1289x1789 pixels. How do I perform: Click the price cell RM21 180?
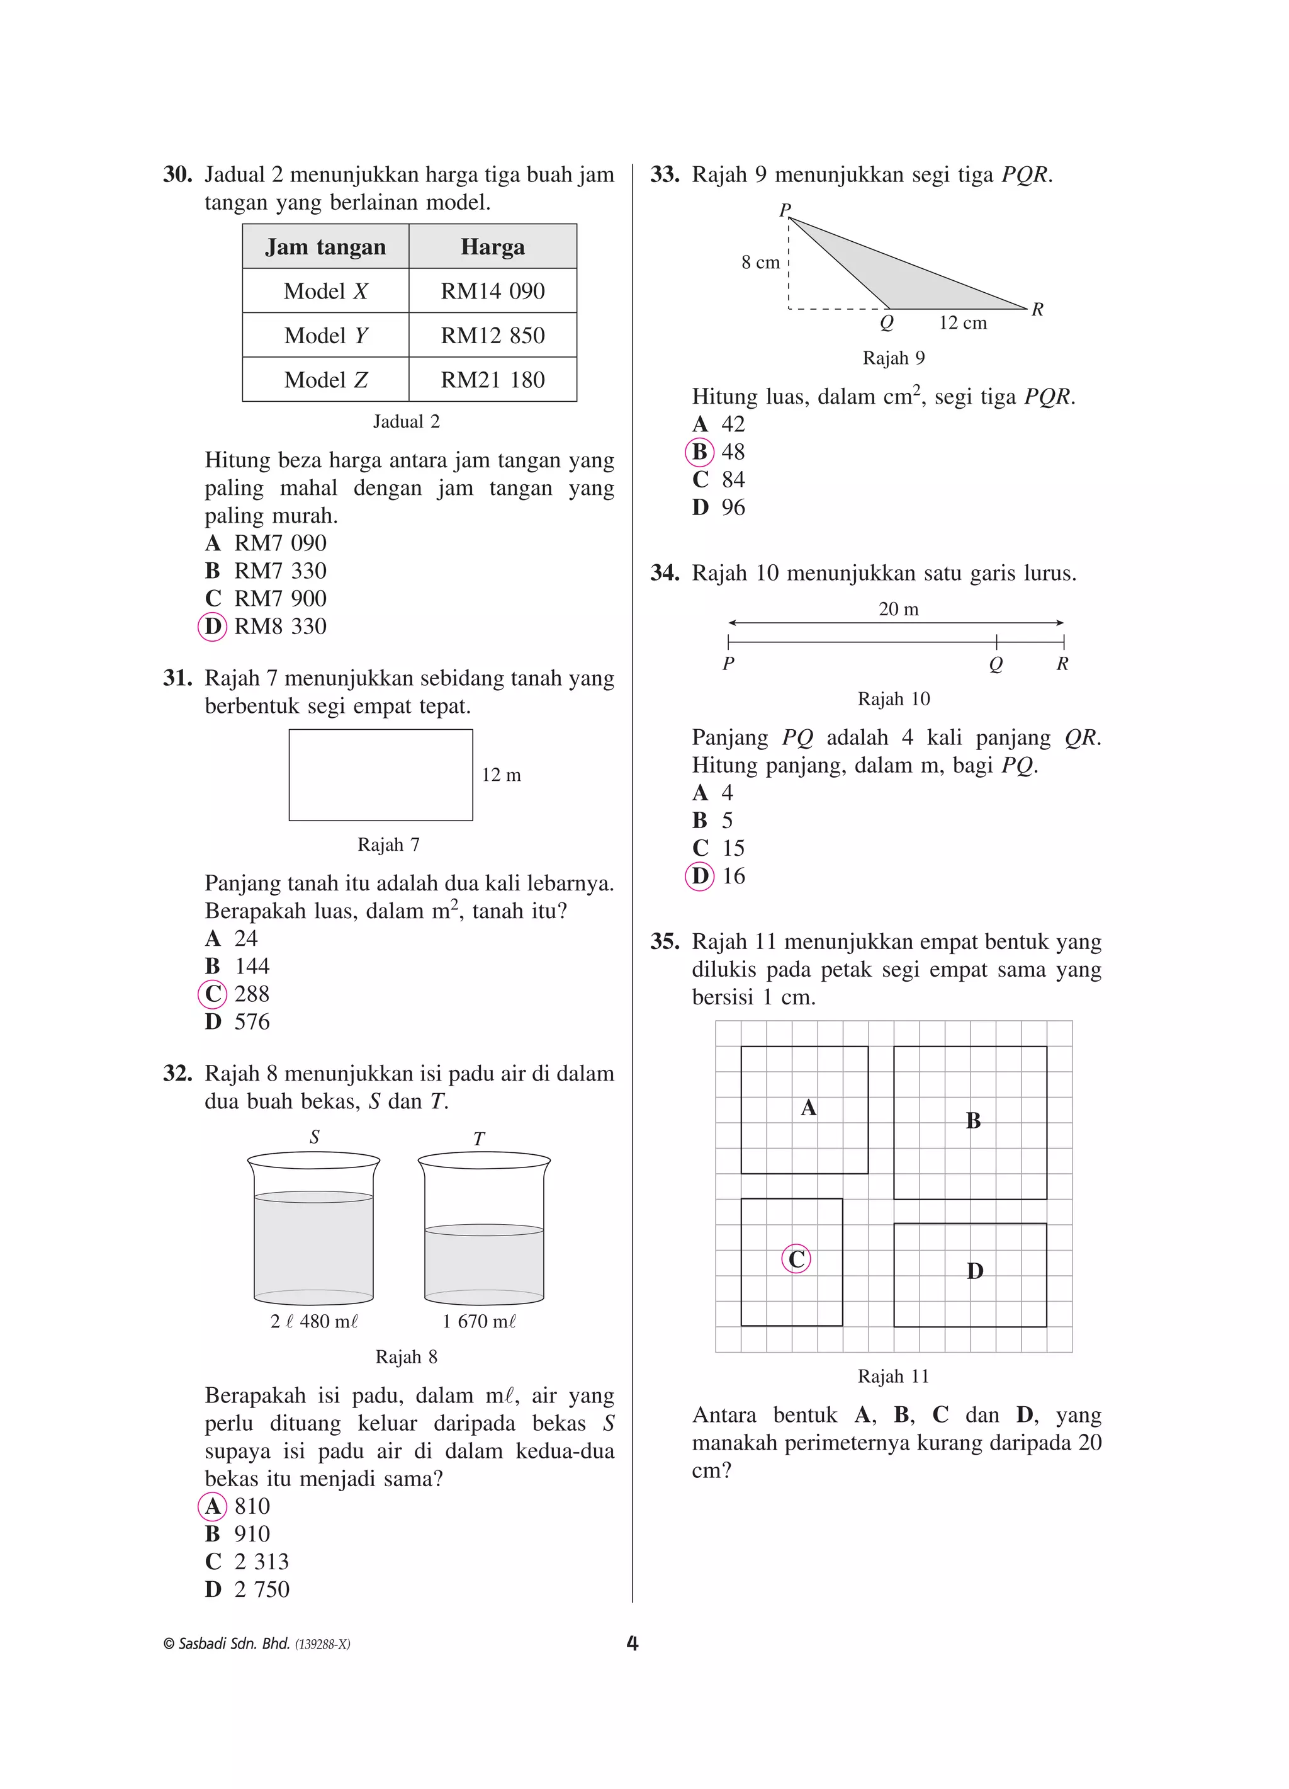[x=492, y=380]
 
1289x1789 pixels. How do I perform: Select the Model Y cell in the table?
[x=325, y=335]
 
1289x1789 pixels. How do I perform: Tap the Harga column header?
[x=492, y=247]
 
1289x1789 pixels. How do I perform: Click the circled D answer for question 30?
[x=212, y=627]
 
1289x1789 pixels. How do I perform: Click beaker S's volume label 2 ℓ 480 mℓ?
[x=314, y=1321]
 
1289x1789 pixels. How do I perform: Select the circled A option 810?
[x=212, y=1506]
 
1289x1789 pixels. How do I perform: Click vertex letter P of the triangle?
[x=784, y=210]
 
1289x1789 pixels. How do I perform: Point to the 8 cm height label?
[x=760, y=263]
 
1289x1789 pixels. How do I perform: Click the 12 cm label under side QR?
[x=962, y=322]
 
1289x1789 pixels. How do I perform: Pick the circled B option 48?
[x=699, y=452]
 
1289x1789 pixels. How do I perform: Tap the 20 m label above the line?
[x=898, y=609]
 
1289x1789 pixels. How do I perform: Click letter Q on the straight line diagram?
[x=996, y=664]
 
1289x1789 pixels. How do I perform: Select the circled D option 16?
[x=699, y=875]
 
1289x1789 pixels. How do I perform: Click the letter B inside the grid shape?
[x=973, y=1120]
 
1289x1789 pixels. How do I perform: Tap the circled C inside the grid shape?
[x=796, y=1259]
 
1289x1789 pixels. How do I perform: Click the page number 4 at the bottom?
[x=631, y=1643]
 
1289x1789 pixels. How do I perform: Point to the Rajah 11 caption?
[x=892, y=1377]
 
